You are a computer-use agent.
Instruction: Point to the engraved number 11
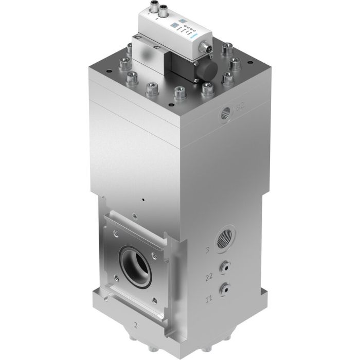tap(209, 297)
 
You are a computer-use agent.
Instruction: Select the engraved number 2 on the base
tap(136, 325)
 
